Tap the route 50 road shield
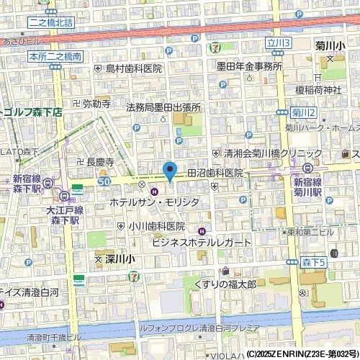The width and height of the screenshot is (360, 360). point(105,183)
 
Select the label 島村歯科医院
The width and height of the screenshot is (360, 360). point(134,68)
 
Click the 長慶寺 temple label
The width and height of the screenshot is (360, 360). point(100,163)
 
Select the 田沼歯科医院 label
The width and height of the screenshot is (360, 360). point(215,174)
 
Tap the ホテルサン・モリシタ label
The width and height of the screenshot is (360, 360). point(154,204)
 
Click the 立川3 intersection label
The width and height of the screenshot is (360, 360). point(279,44)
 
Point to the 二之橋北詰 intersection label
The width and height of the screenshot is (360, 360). point(52,23)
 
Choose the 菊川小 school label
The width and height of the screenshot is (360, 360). point(330,46)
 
